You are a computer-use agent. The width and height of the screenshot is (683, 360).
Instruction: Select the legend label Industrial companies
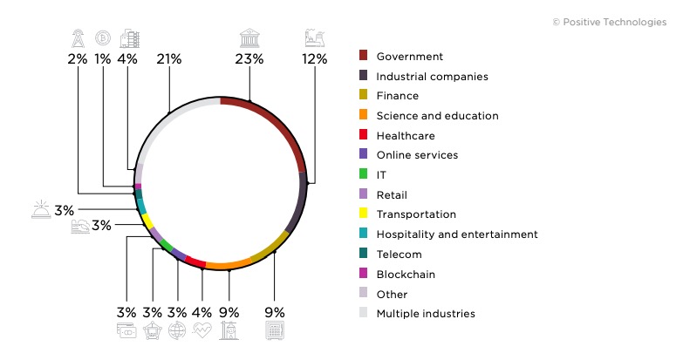432,76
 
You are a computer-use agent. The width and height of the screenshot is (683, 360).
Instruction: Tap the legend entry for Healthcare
405,136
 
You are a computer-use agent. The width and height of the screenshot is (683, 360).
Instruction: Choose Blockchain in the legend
406,274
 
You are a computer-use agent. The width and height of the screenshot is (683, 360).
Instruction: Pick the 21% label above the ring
168,59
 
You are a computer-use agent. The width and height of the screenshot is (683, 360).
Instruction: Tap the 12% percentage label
314,59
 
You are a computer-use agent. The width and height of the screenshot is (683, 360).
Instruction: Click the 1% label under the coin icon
104,59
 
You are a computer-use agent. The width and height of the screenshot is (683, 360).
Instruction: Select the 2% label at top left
78,59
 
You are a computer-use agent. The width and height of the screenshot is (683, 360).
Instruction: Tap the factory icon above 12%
314,37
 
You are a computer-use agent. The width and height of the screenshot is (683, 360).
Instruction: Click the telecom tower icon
78,37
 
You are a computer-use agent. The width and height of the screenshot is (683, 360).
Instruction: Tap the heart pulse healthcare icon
202,331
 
